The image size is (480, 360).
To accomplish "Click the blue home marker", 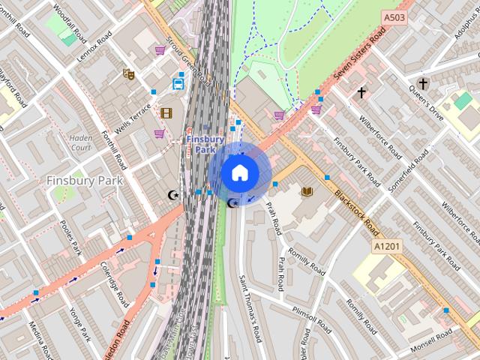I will pyautogui.click(x=239, y=172).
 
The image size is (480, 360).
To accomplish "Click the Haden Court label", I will pyautogui.click(x=80, y=142).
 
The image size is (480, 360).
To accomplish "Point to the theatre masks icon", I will pyautogui.click(x=129, y=74).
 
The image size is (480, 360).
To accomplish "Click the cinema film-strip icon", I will pyautogui.click(x=166, y=113).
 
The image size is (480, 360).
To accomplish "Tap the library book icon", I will pyautogui.click(x=306, y=192).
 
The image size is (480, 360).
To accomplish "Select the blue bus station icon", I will pyautogui.click(x=178, y=84).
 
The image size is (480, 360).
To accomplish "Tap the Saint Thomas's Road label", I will pyautogui.click(x=249, y=307).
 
